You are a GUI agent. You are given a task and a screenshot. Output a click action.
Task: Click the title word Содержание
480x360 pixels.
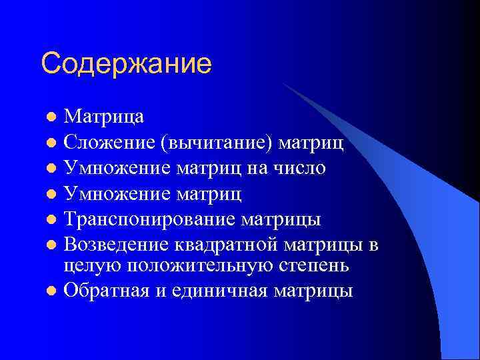(126, 64)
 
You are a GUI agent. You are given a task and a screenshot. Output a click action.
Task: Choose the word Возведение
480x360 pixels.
(117, 245)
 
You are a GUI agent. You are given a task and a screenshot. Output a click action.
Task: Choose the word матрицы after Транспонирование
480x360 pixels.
(290, 219)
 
